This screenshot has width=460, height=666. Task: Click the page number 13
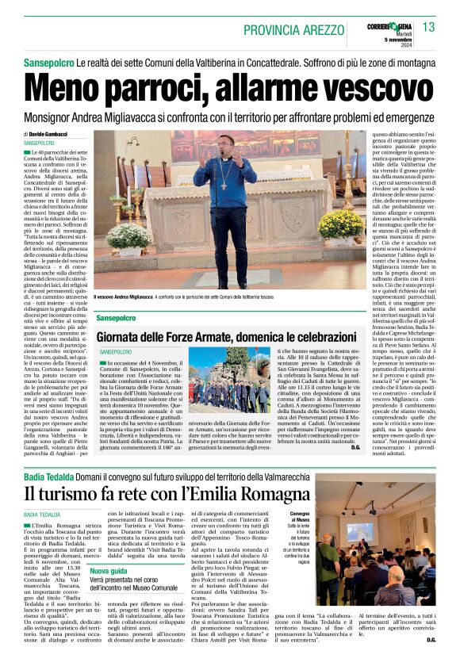pos(428,27)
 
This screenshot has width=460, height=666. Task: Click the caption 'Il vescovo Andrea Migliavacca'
pos(124,296)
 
